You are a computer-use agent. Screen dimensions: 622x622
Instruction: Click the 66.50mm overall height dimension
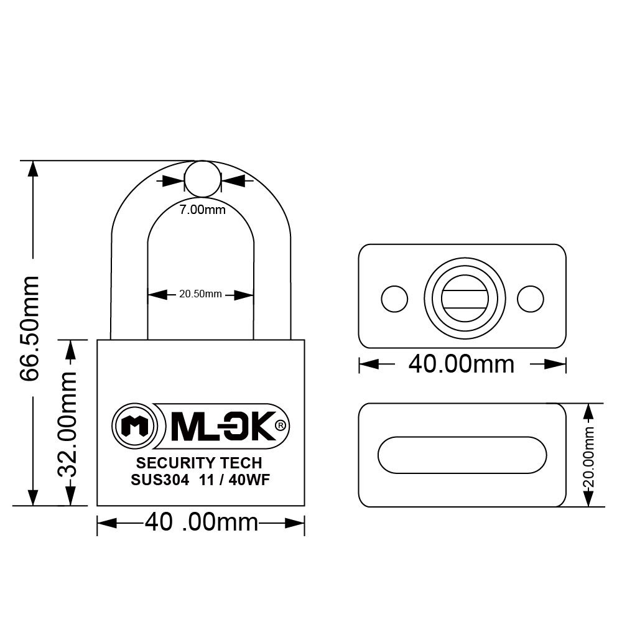coord(29,328)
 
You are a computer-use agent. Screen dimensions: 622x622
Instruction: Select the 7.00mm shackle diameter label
coord(202,210)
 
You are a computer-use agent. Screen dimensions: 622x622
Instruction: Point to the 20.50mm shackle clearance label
coord(200,294)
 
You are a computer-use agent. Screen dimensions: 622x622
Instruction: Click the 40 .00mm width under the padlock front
coord(201,522)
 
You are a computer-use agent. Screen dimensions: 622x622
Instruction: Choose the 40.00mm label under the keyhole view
coord(461,364)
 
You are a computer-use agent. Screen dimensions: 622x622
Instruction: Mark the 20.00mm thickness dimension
coord(588,455)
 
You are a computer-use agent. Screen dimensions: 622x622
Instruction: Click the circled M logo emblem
coord(132,426)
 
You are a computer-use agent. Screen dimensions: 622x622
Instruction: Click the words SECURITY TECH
coord(199,463)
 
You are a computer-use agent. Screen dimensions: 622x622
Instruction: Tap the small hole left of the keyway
coord(395,299)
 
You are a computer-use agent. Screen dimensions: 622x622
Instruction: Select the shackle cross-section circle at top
coord(203,179)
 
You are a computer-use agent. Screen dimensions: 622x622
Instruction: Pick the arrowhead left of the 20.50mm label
coord(156,294)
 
